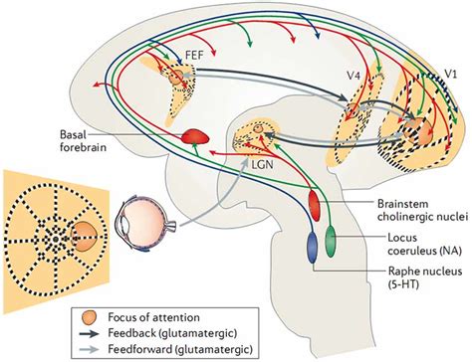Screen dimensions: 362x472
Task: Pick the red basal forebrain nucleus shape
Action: pyautogui.click(x=193, y=141)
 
